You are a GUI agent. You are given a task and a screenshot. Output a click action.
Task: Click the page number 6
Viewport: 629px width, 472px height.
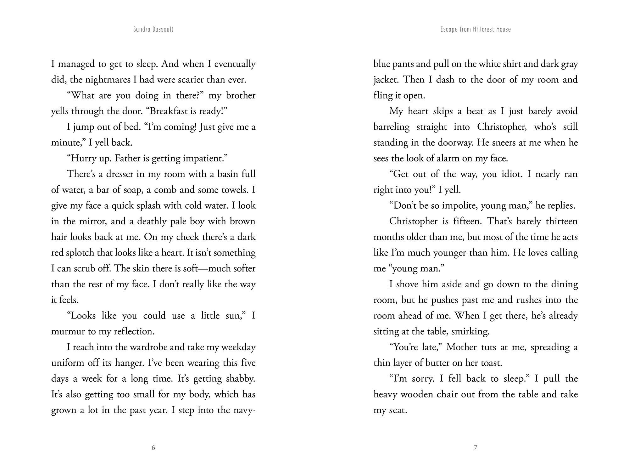point(153,447)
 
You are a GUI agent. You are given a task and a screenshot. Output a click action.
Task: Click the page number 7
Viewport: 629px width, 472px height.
point(475,447)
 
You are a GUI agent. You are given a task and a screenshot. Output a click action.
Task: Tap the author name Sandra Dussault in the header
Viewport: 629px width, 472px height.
point(153,30)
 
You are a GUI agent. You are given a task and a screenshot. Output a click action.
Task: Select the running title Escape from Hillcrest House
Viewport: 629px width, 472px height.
point(476,30)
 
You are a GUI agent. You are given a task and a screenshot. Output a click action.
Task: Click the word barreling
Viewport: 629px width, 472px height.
point(392,127)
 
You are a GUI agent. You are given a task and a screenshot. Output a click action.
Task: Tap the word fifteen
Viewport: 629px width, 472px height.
point(467,221)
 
